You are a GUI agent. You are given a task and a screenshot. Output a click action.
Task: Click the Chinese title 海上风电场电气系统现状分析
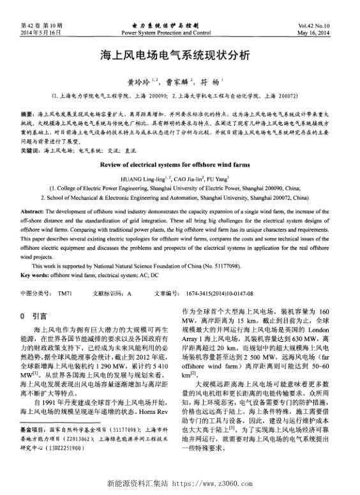coord(179,55)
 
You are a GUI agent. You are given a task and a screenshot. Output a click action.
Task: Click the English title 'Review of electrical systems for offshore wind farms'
coord(179,164)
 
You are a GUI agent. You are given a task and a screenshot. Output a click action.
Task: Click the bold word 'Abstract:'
coord(33,211)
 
